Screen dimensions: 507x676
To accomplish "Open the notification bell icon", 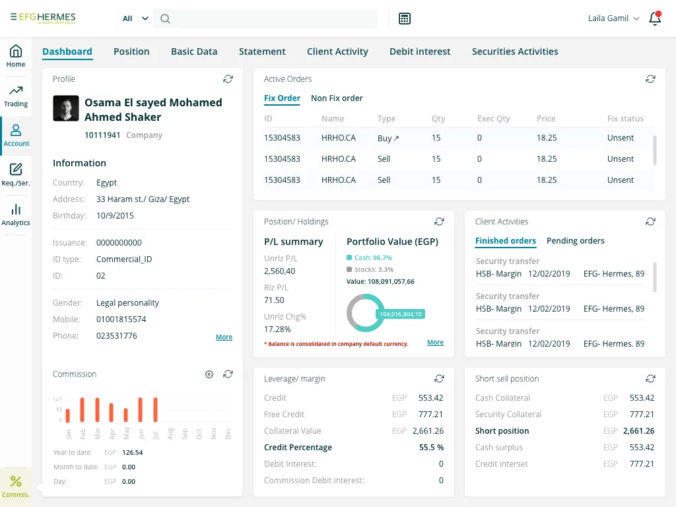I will (655, 18).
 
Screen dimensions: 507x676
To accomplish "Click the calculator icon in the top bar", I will (405, 18).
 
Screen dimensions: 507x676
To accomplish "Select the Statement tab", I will (262, 51).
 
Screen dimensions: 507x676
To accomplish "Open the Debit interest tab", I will (420, 51).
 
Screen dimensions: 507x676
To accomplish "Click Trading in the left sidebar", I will (16, 96).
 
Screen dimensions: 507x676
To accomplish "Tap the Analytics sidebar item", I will (16, 215).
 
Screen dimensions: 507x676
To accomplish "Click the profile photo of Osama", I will (65, 109).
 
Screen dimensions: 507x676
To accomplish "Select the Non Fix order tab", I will (337, 98).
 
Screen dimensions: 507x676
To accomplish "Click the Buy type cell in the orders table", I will (388, 138).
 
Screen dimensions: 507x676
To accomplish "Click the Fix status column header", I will (625, 119).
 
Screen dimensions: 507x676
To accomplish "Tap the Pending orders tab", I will (575, 241).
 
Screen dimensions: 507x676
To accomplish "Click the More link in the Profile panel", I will (224, 337).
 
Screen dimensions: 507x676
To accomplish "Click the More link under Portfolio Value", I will (435, 343).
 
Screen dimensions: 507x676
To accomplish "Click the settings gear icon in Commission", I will (209, 374).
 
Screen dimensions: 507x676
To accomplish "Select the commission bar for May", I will (125, 415).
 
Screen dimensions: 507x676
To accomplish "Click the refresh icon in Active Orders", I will (650, 79).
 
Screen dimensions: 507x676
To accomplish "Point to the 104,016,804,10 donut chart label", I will (400, 314).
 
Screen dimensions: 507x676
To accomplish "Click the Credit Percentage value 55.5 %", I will (431, 448).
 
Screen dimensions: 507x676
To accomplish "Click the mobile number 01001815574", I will (121, 320).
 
